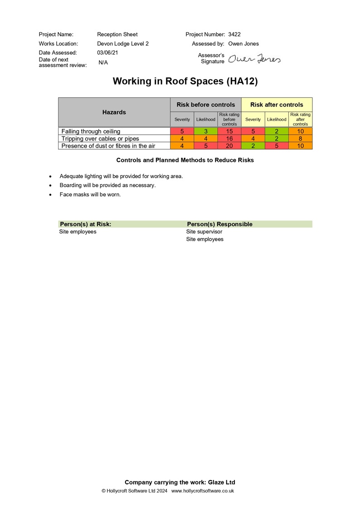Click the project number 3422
click(x=234, y=34)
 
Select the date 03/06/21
click(x=107, y=53)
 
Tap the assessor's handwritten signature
click(x=254, y=59)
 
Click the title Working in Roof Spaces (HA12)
click(x=185, y=82)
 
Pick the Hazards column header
click(x=114, y=112)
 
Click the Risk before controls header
click(x=206, y=105)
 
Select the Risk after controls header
click(x=277, y=105)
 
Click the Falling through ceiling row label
click(x=91, y=131)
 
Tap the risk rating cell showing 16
click(x=229, y=139)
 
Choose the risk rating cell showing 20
click(x=229, y=146)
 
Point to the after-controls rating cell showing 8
click(x=300, y=139)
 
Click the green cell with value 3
click(x=205, y=131)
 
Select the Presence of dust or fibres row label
click(x=108, y=146)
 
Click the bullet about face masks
click(x=90, y=195)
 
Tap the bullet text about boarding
click(x=107, y=185)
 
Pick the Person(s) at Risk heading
click(x=85, y=224)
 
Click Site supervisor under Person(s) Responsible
click(x=204, y=232)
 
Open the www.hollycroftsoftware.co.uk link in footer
click(x=203, y=491)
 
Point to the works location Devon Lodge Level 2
click(x=123, y=44)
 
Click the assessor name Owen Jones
click(x=243, y=44)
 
